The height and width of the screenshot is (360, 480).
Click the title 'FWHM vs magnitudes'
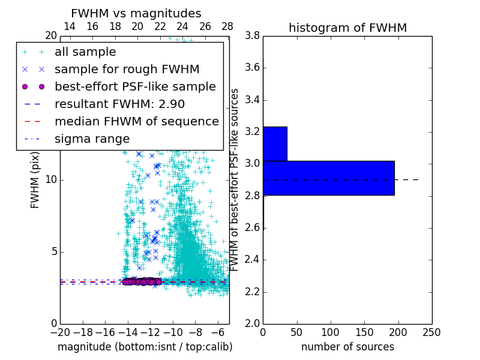136,13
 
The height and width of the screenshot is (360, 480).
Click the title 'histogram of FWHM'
347,28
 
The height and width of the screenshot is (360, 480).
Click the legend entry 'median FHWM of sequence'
136,121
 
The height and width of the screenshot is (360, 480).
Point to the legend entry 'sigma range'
92,139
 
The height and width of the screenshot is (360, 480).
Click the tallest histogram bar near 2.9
328,178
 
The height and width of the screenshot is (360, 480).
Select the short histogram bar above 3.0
275,143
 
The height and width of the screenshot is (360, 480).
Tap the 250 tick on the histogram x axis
431,332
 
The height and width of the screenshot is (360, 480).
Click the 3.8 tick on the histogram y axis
252,35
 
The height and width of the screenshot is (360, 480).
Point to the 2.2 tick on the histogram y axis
252,292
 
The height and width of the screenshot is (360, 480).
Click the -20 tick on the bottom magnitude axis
60,332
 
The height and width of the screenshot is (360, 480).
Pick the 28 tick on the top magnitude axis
227,26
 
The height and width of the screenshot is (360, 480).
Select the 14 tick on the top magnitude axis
70,26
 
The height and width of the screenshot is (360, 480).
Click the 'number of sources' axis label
347,347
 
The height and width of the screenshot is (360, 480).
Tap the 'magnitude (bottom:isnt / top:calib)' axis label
145,347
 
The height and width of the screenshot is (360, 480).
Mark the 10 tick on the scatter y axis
51,179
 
